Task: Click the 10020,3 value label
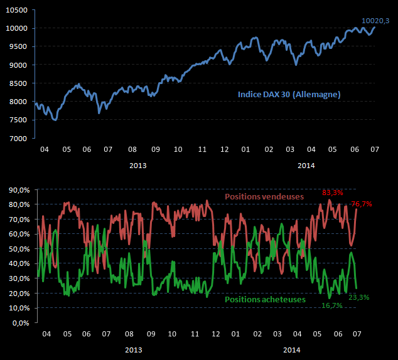[x=376, y=21]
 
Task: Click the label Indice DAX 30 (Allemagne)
[x=289, y=94]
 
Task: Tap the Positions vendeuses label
[x=265, y=196]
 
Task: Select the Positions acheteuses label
[x=265, y=299]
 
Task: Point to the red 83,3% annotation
[x=333, y=193]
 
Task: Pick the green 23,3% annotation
[x=358, y=298]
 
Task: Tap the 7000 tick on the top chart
[x=18, y=138]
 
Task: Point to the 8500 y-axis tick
[x=18, y=83]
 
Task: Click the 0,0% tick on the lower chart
[x=19, y=324]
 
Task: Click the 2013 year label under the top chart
[x=138, y=166]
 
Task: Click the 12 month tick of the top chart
[x=224, y=151]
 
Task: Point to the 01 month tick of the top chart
[x=245, y=151]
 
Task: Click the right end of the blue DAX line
[x=375, y=27]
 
